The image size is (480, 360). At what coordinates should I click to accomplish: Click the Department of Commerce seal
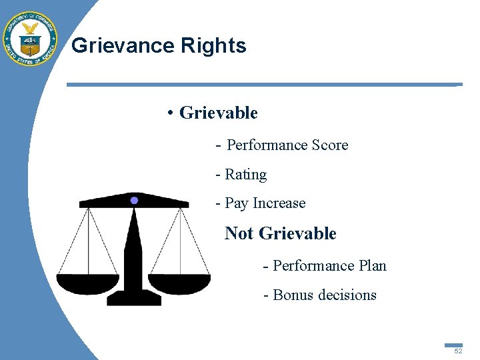(x=30, y=38)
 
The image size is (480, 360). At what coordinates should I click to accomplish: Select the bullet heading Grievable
(x=218, y=113)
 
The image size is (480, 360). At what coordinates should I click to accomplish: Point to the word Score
(x=327, y=145)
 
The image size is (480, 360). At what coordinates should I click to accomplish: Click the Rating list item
(x=245, y=174)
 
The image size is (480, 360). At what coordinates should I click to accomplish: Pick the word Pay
(x=237, y=203)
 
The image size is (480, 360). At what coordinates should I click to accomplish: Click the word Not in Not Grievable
(x=240, y=233)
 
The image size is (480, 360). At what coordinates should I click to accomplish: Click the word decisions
(x=350, y=295)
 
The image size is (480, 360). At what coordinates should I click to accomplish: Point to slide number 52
(x=457, y=351)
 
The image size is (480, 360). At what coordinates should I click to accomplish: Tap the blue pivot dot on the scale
(x=134, y=200)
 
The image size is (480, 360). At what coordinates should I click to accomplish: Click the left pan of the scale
(x=88, y=283)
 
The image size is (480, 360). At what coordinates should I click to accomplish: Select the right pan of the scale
(x=179, y=283)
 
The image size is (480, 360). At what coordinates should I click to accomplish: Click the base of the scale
(x=134, y=297)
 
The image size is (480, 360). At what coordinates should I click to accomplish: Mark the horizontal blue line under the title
(x=263, y=85)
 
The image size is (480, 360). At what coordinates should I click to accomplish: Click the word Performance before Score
(x=267, y=145)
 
